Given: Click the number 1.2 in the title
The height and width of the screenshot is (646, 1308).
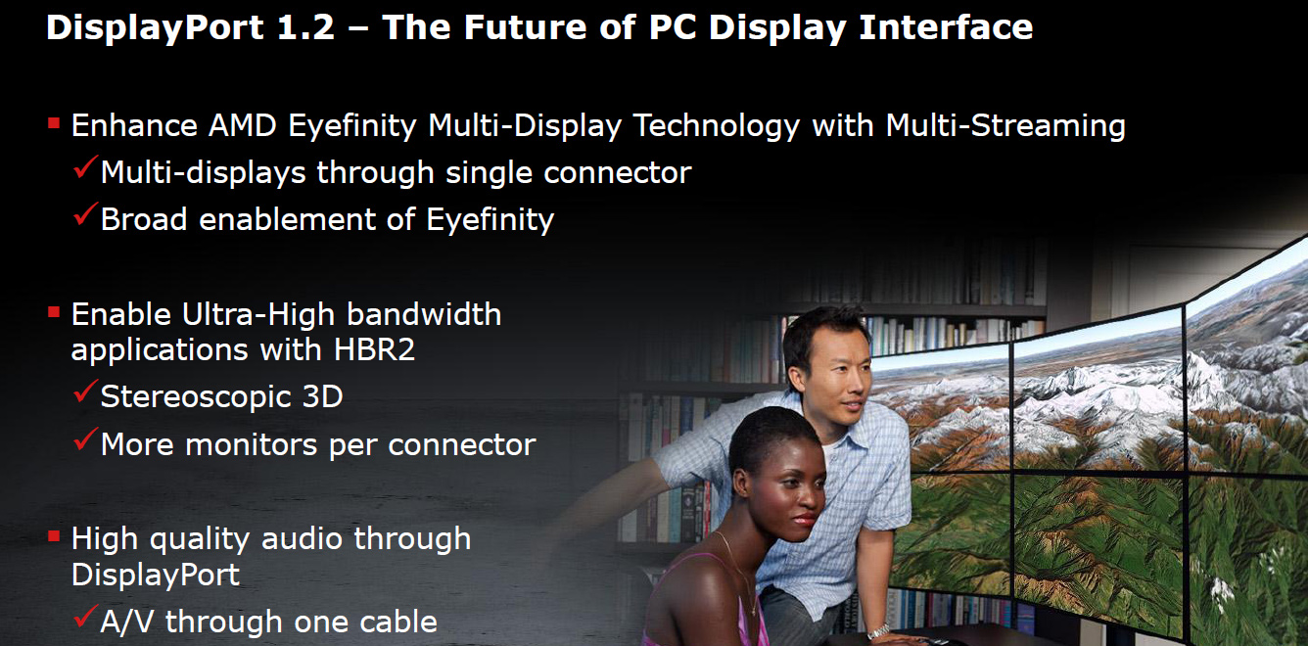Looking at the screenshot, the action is (x=305, y=26).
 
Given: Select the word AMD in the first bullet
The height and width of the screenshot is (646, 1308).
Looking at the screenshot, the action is (x=243, y=125).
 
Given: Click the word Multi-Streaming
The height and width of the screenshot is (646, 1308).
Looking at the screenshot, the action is (x=1005, y=126).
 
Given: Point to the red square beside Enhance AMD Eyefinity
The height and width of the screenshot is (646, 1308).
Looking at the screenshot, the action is (x=54, y=122).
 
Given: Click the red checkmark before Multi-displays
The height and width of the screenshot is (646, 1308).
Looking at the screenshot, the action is (x=85, y=167).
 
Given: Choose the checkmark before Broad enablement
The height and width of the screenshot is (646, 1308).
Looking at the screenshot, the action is (x=85, y=214).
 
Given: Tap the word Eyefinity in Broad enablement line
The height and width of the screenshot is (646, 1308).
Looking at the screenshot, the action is (x=490, y=220).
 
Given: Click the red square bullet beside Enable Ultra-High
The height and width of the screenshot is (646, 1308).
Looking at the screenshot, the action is (x=54, y=312).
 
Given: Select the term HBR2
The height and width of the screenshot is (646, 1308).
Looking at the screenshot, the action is (x=374, y=350).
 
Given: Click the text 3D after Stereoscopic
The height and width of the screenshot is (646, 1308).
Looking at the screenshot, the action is (x=322, y=396).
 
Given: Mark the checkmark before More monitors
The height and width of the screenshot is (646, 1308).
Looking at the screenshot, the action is (x=85, y=439).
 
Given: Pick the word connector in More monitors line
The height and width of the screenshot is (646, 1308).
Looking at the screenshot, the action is (x=461, y=445).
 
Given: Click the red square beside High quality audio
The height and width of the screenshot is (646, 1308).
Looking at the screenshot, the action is (x=54, y=535).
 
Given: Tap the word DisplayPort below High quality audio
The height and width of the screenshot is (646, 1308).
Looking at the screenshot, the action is (x=156, y=576).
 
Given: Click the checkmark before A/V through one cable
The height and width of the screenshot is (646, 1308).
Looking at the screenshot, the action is (x=85, y=617).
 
